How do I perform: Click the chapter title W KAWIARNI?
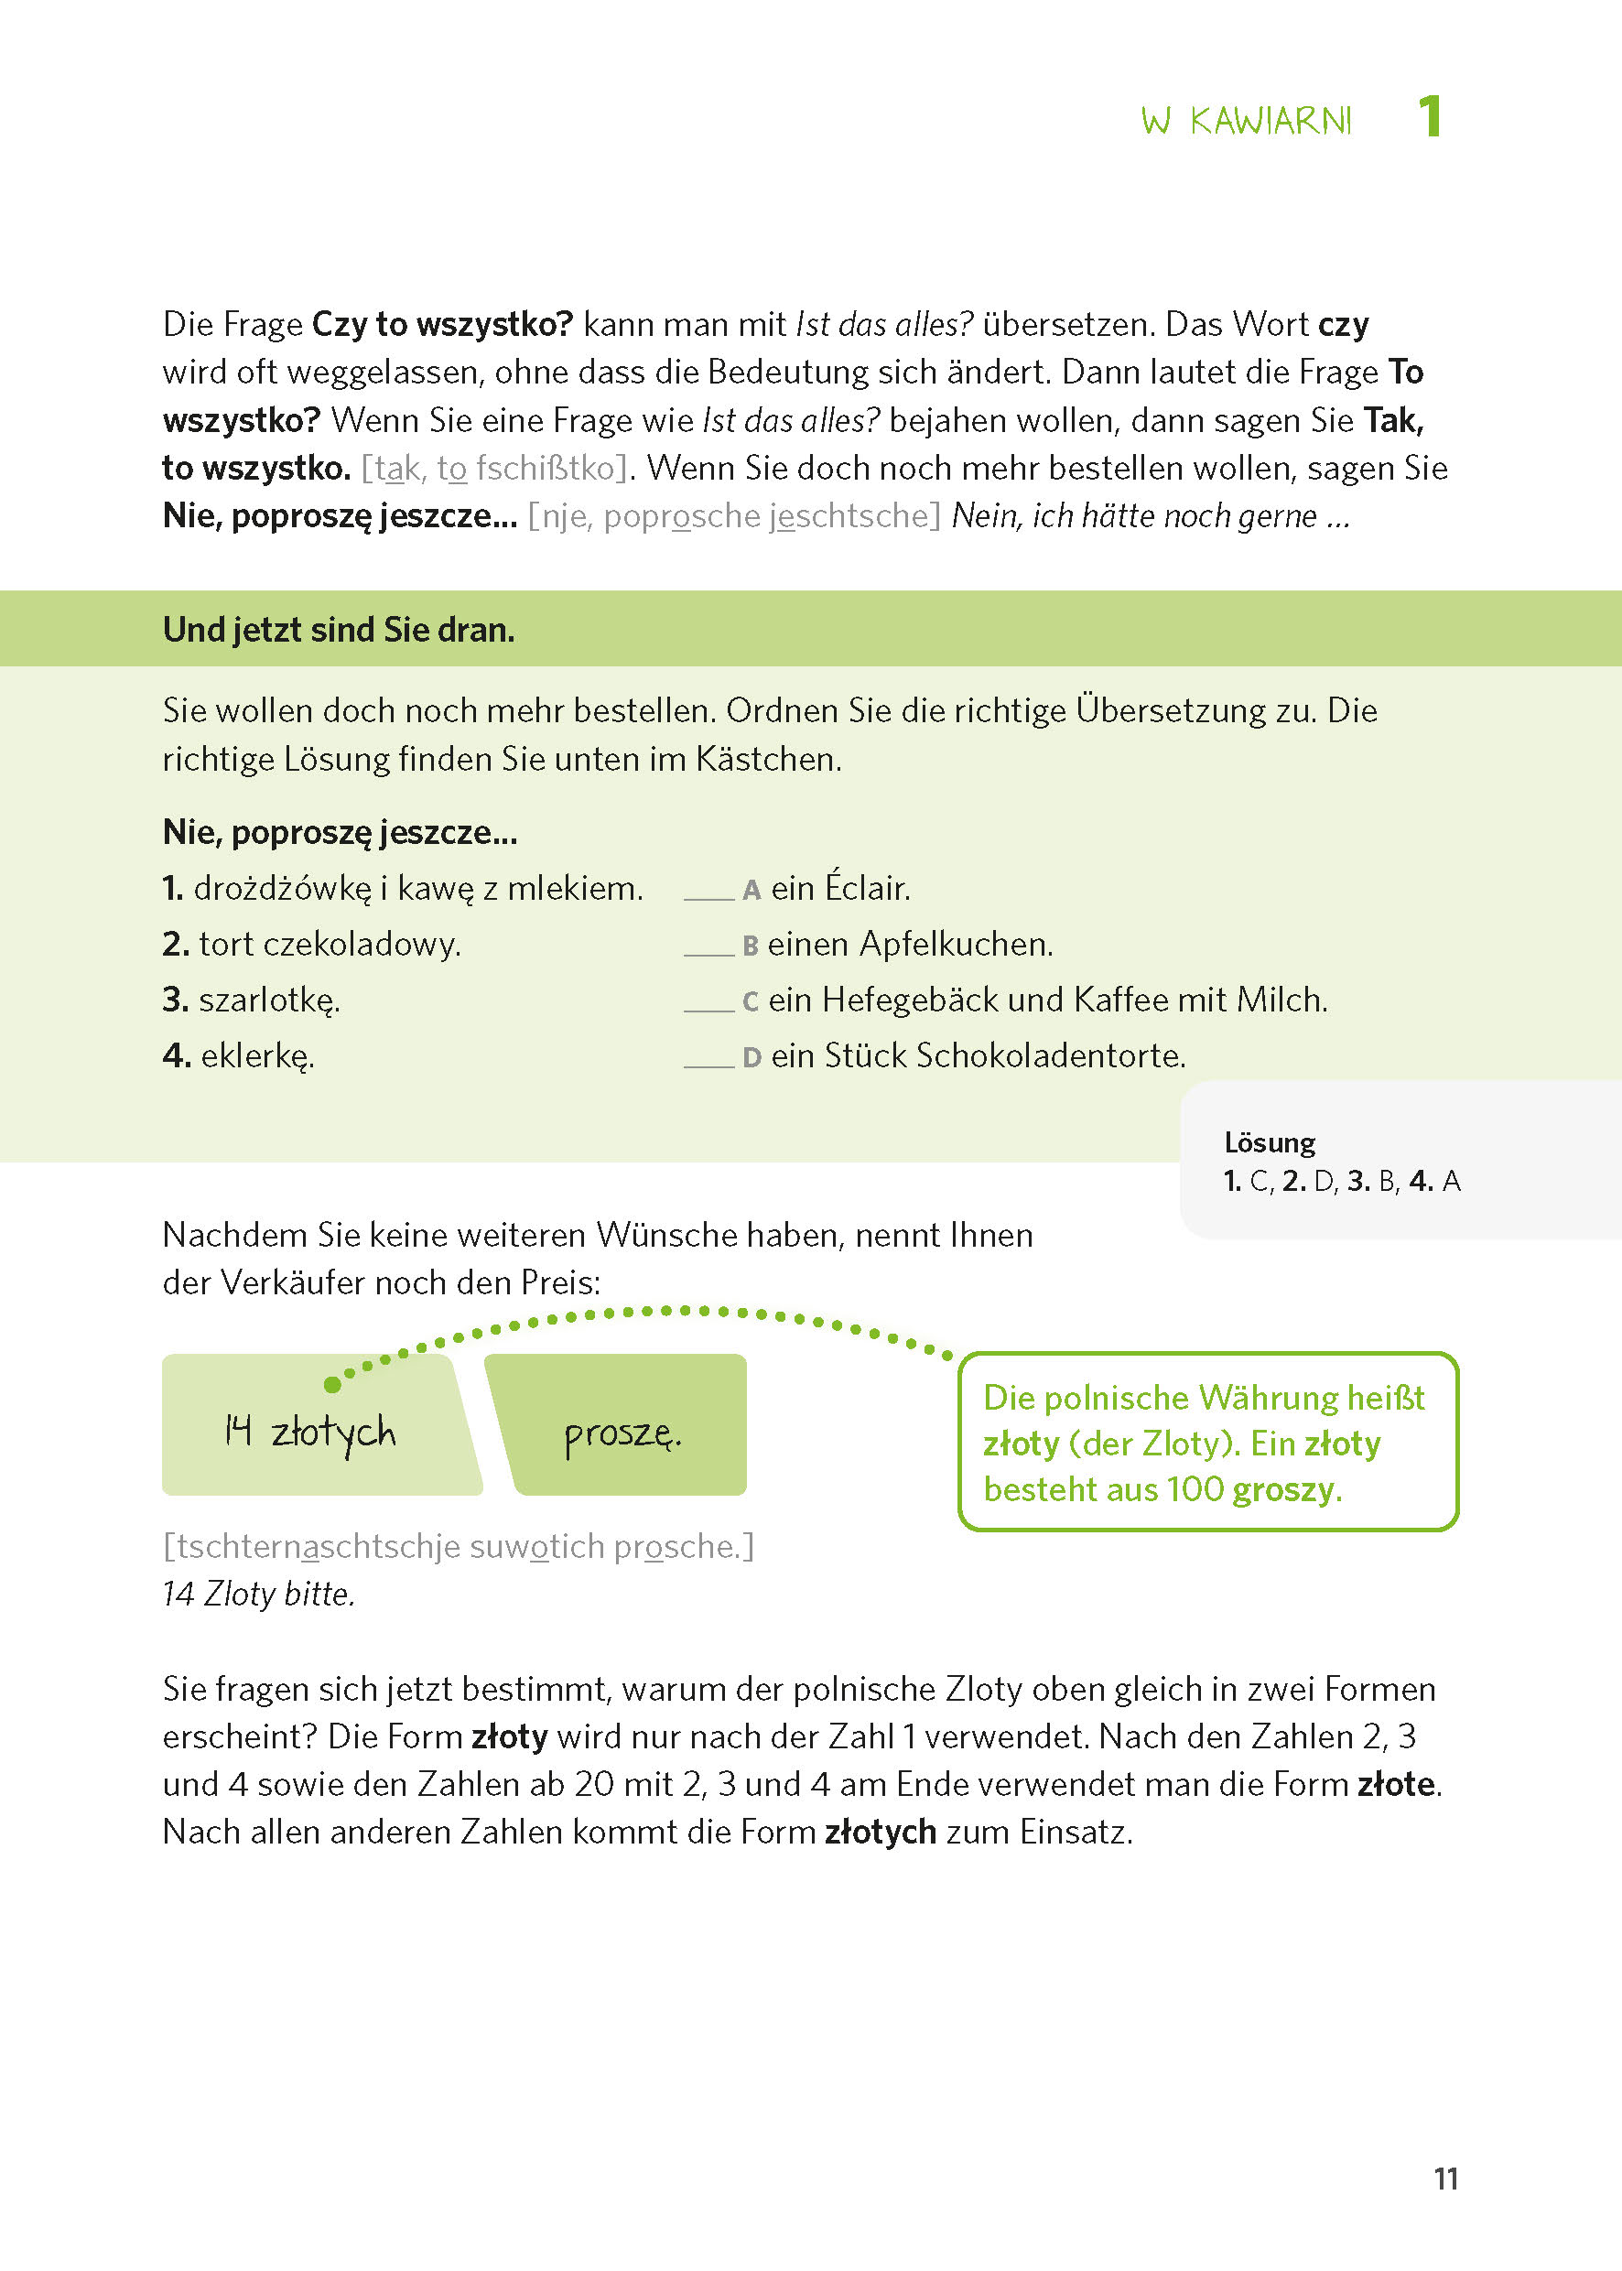[x=1246, y=121]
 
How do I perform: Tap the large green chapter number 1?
[x=1429, y=117]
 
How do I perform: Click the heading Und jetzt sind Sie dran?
[x=339, y=630]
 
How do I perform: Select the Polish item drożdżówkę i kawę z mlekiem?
[x=403, y=888]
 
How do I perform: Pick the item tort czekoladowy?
[x=311, y=944]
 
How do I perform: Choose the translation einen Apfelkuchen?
[x=909, y=944]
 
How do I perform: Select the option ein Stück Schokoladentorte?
[x=977, y=1055]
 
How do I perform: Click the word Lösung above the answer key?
[x=1270, y=1142]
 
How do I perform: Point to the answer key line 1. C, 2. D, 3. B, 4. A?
[x=1341, y=1182]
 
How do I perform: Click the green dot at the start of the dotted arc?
[x=332, y=1384]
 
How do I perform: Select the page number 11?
[x=1445, y=2179]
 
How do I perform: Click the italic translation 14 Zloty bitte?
[x=259, y=1594]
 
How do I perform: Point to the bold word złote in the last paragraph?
[x=1396, y=1784]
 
